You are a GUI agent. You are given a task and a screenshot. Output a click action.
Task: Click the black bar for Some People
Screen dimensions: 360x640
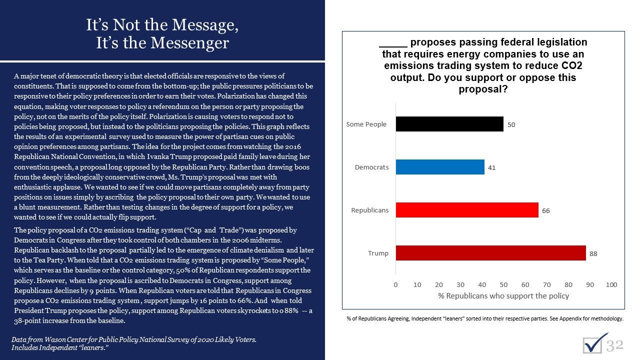[x=449, y=124]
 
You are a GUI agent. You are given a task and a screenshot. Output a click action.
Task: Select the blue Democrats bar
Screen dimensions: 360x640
[x=439, y=167]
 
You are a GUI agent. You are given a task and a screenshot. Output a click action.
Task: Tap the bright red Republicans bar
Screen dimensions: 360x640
[x=466, y=210]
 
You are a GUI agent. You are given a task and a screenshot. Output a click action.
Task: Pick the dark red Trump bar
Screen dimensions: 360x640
[x=490, y=253]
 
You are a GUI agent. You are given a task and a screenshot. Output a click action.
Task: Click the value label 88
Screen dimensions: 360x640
[x=593, y=253]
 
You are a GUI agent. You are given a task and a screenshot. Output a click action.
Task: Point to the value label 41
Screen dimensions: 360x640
[x=491, y=167]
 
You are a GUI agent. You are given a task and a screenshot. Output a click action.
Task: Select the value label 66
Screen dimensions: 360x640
[x=545, y=210]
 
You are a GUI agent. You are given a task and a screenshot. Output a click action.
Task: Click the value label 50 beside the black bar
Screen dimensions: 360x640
[x=511, y=124]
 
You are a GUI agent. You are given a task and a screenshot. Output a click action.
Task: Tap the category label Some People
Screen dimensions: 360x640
[x=366, y=124]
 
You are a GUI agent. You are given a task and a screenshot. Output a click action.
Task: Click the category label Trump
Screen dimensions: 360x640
[x=378, y=253]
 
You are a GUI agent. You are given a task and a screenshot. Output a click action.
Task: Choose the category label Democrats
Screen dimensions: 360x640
[x=371, y=167]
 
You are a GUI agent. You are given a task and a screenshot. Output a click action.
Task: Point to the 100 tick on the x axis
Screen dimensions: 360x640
[x=611, y=284]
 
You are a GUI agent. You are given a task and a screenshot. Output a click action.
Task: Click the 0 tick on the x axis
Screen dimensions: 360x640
[x=395, y=284]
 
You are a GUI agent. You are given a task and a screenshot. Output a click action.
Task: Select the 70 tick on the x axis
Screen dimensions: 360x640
[x=546, y=284]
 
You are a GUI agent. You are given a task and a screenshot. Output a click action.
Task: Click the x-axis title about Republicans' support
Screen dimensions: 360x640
[x=503, y=295]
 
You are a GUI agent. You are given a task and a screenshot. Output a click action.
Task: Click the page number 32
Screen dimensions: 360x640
[x=615, y=344]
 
